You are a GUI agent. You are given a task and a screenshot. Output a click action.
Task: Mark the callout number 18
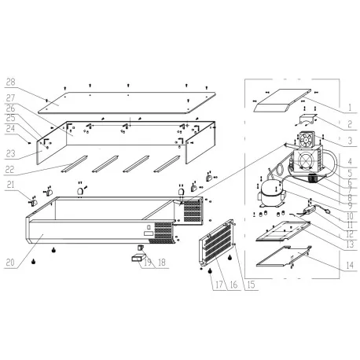point(163,263)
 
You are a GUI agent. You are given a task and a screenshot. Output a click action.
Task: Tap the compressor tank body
point(271,191)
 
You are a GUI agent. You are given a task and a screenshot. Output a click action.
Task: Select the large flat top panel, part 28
point(126,98)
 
